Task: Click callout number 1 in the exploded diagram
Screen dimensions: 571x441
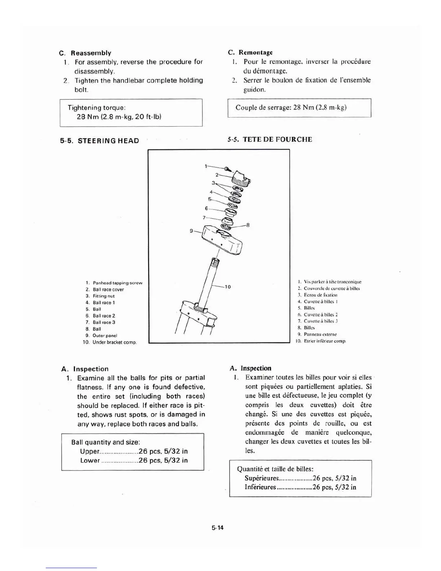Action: [x=206, y=166]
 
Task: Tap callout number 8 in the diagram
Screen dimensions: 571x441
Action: [x=248, y=225]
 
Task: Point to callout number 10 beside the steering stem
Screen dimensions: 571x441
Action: [x=228, y=287]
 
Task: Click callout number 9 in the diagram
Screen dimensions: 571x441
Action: [x=191, y=231]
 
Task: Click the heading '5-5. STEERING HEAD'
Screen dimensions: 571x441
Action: [x=99, y=141]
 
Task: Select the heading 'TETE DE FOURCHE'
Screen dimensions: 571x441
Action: [x=277, y=140]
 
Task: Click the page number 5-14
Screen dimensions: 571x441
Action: [x=218, y=528]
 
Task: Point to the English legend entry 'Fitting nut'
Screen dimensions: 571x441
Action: [x=103, y=296]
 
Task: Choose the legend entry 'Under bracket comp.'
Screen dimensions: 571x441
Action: [x=114, y=342]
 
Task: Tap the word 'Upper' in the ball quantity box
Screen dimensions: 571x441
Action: [x=89, y=451]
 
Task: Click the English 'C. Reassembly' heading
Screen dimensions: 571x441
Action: [x=85, y=53]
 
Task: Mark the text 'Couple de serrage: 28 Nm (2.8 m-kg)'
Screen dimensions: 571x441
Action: [x=291, y=107]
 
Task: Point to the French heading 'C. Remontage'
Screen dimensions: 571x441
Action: [x=250, y=53]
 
